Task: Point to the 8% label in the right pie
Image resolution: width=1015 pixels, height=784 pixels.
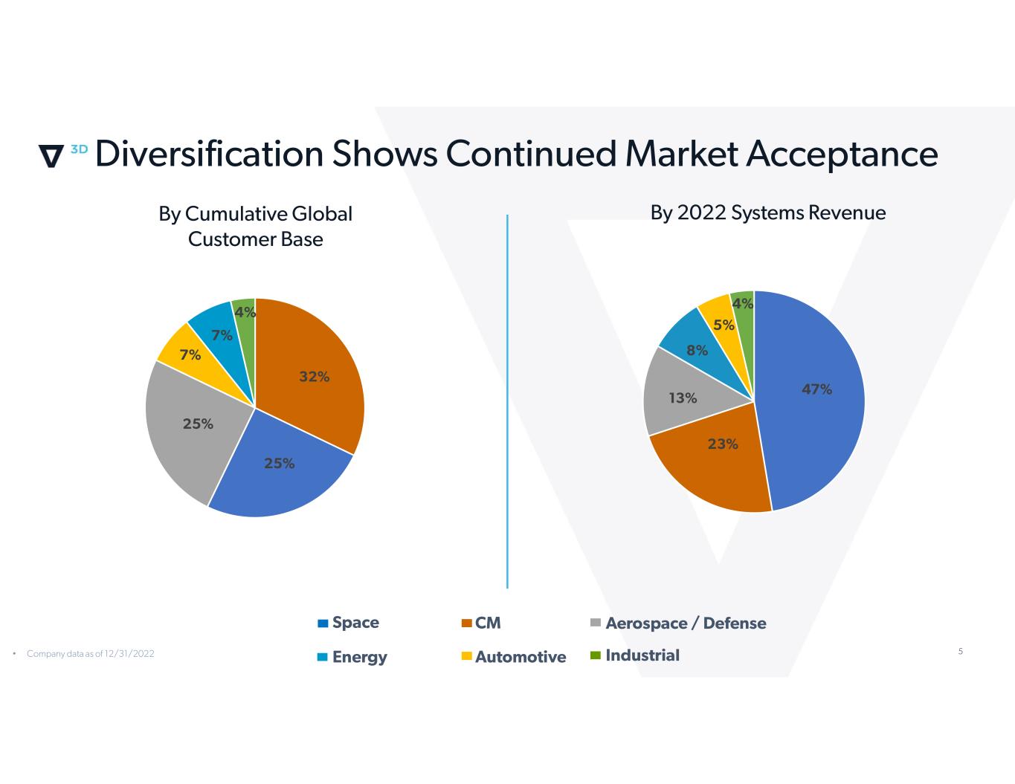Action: [x=697, y=350]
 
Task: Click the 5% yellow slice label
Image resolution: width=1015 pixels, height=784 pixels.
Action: [x=724, y=325]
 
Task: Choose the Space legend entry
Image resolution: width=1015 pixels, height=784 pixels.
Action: [x=348, y=623]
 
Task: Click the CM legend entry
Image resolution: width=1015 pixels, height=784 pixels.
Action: [x=481, y=623]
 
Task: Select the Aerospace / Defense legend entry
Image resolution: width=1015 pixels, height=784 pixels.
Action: [x=678, y=623]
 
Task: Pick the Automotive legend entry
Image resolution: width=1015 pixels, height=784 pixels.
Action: [x=513, y=657]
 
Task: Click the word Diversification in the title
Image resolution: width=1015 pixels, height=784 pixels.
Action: [x=209, y=154]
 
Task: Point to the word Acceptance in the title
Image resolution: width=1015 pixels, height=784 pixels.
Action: [x=842, y=154]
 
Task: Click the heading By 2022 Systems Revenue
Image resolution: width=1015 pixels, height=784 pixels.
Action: [x=767, y=213]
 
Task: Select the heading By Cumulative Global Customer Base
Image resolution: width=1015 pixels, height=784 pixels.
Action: [x=255, y=226]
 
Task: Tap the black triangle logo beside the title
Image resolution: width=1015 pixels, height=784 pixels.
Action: [x=51, y=156]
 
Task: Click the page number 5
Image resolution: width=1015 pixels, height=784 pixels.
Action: [x=960, y=652]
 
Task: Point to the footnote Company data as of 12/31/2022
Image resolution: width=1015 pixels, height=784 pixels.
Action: [x=90, y=654]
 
